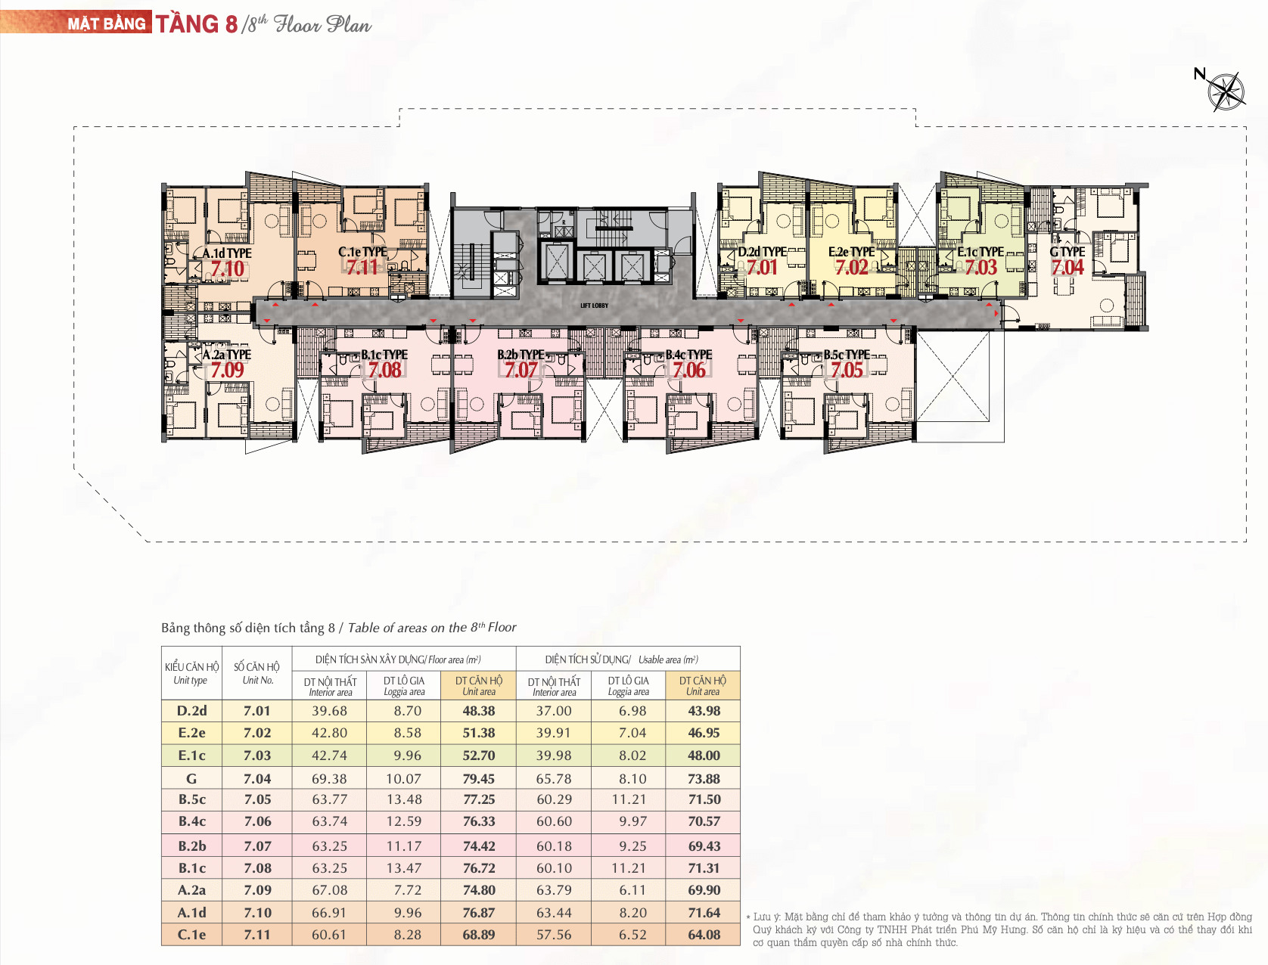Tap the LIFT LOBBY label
594,306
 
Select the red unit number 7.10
227,268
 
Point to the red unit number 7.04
1068,268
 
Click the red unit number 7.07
521,370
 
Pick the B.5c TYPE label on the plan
847,355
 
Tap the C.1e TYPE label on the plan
362,252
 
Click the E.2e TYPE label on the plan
851,252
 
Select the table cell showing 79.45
478,778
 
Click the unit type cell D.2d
191,710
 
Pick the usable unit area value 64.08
704,935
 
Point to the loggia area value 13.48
404,799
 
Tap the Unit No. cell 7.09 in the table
257,890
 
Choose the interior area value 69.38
329,778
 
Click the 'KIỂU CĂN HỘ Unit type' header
191,673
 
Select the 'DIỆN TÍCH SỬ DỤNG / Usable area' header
622,659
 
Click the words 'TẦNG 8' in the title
197,24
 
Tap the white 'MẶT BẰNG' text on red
106,23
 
